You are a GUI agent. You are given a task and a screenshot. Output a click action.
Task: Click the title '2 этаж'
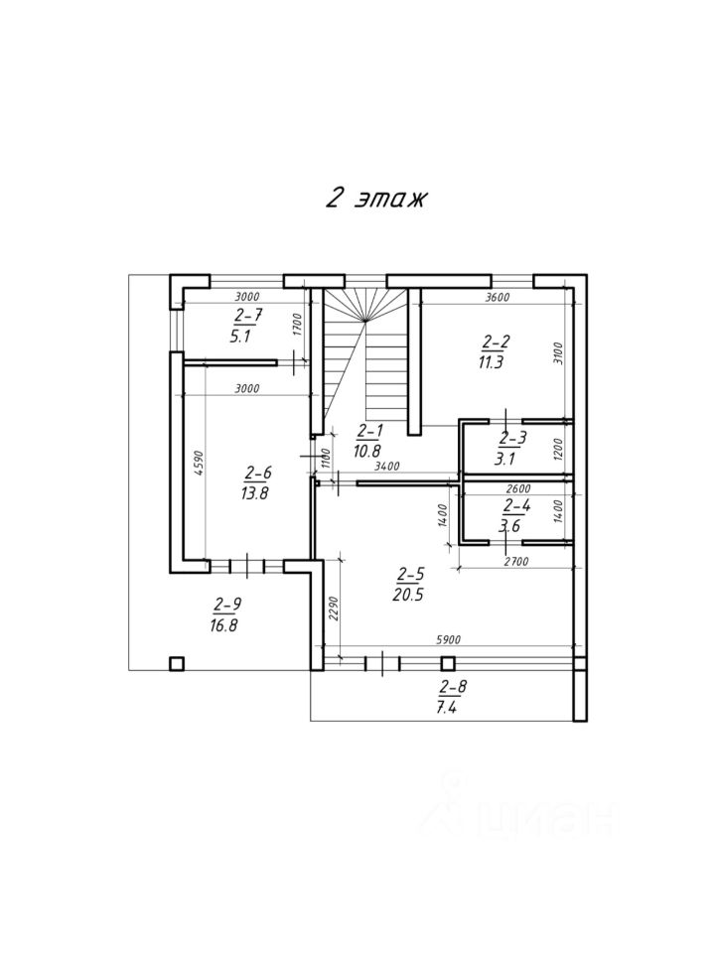375,198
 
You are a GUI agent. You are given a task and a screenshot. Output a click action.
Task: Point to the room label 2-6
258,473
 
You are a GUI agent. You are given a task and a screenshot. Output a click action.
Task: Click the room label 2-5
410,574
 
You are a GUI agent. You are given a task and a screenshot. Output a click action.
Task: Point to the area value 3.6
510,527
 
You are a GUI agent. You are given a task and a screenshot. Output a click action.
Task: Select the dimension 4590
198,465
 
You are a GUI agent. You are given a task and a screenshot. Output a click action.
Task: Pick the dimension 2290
336,606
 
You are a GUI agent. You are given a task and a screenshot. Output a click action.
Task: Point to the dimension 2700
516,562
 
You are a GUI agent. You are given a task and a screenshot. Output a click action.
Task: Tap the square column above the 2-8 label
448,662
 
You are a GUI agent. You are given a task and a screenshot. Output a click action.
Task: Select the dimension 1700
297,324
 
